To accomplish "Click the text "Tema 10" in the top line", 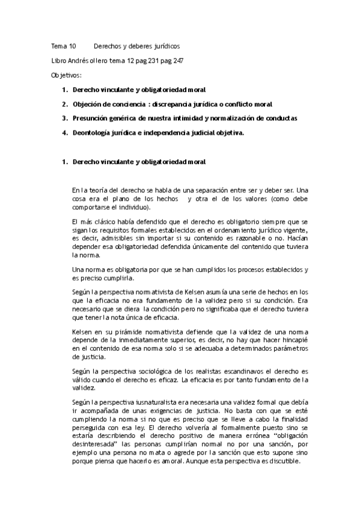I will tap(63, 46).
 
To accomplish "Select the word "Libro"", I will tap(59, 61).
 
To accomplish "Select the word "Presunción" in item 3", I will tap(92, 118).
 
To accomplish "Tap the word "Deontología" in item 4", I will tap(93, 134).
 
